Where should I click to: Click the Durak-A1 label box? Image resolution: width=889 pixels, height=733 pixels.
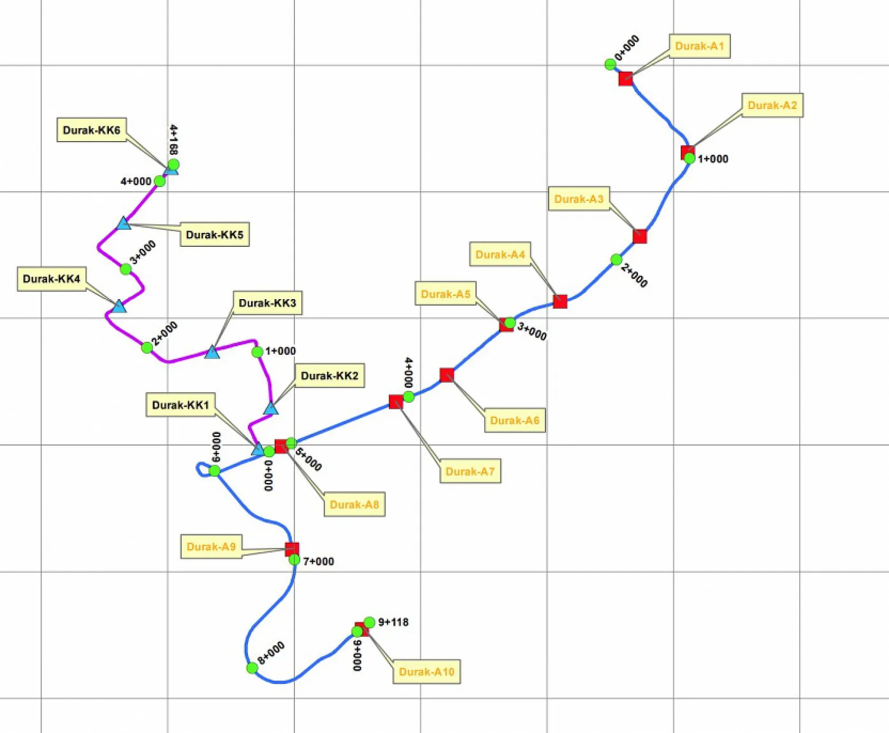[x=699, y=47]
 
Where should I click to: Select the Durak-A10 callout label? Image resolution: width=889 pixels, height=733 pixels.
[x=427, y=672]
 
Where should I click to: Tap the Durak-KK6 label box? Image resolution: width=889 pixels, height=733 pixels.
[x=91, y=130]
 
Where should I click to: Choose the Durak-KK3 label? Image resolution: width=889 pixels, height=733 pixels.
[x=267, y=303]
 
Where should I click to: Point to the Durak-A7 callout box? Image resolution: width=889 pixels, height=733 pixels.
[x=470, y=471]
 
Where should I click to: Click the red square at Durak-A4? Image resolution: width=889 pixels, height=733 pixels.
[x=560, y=301]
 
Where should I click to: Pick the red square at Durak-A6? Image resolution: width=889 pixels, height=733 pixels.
[x=447, y=375]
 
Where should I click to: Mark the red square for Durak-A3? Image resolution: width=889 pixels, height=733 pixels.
[x=640, y=236]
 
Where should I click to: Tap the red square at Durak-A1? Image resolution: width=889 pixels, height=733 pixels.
[x=626, y=79]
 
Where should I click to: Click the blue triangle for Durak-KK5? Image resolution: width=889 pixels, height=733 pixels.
[x=124, y=224]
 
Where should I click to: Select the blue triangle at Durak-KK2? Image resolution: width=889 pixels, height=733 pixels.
[x=271, y=409]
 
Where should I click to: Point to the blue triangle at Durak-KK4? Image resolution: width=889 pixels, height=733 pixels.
[x=119, y=306]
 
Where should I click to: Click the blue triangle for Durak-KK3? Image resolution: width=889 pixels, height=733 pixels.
[x=212, y=352]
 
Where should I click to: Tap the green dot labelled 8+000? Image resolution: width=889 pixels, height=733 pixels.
[x=253, y=668]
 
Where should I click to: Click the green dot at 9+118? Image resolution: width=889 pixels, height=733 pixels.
[x=369, y=622]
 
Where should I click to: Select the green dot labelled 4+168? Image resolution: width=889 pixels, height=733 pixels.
[x=173, y=164]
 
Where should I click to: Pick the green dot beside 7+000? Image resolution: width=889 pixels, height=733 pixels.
[x=294, y=560]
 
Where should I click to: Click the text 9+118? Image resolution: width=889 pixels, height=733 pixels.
[x=393, y=622]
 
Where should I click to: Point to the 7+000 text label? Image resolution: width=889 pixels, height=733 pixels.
[x=318, y=561]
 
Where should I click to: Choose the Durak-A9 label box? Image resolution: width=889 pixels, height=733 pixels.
[x=211, y=546]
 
